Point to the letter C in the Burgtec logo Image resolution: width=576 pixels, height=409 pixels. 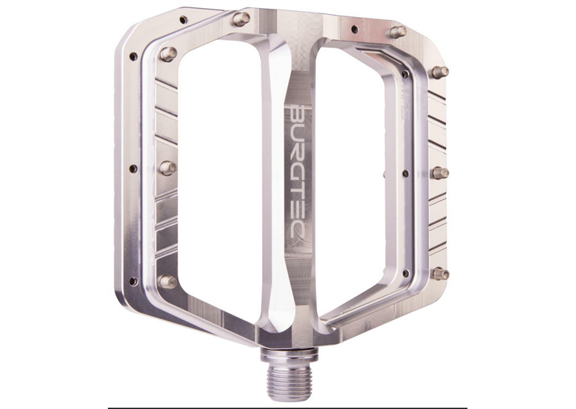pyautogui.click(x=298, y=241)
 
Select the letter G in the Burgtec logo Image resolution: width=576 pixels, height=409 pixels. pyautogui.click(x=298, y=173)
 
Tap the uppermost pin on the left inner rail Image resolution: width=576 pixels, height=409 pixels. pyautogui.click(x=168, y=54)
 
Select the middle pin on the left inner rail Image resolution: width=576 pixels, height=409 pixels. pyautogui.click(x=168, y=168)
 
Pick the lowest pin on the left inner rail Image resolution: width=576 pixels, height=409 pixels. pyautogui.click(x=168, y=282)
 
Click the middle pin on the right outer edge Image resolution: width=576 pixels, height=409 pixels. pyautogui.click(x=440, y=173)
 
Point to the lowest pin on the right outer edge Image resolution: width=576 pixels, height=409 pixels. pyautogui.click(x=441, y=274)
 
